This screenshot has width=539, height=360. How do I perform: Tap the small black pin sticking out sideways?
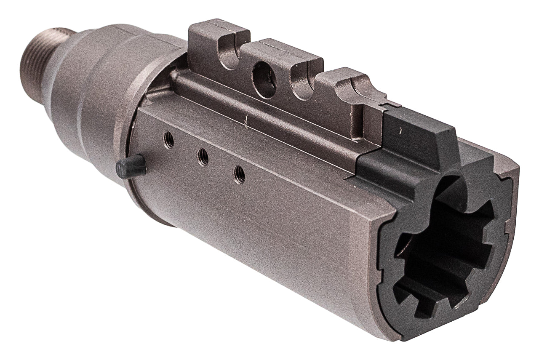pyautogui.click(x=131, y=168)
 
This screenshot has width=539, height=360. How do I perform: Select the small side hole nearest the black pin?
pyautogui.click(x=169, y=140)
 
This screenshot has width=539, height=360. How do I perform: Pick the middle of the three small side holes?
pyautogui.click(x=203, y=157)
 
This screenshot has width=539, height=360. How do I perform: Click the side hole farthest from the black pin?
pyautogui.click(x=239, y=174)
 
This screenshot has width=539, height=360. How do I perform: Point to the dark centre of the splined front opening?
pyautogui.click(x=446, y=248)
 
